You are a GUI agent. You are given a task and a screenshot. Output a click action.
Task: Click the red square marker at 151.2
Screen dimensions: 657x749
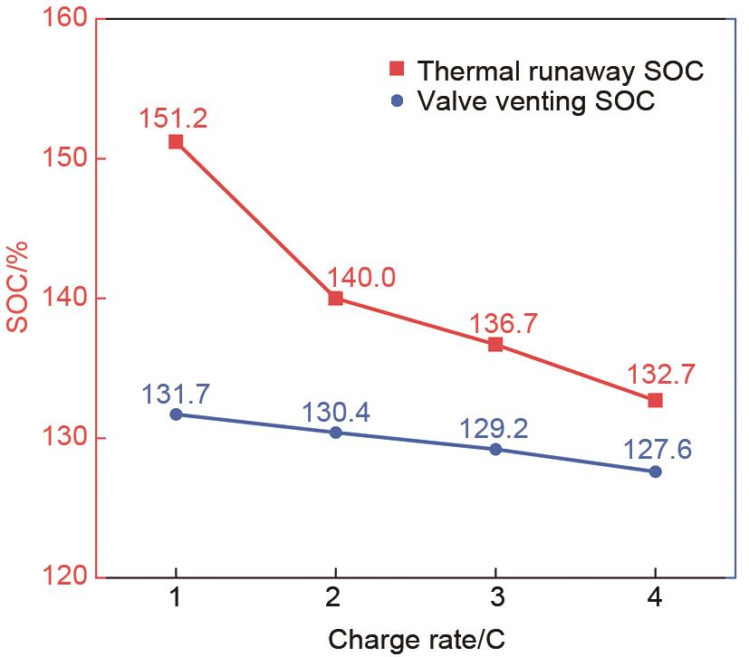(176, 142)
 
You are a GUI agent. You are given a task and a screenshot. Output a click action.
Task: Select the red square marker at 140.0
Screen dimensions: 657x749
(336, 298)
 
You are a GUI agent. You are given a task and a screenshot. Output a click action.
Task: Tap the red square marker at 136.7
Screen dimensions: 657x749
(495, 344)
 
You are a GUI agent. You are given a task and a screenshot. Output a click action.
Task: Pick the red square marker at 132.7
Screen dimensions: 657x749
(655, 400)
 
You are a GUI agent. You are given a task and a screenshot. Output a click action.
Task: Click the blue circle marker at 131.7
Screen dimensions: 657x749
(176, 414)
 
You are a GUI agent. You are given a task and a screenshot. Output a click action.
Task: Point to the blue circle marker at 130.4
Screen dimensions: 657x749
(336, 433)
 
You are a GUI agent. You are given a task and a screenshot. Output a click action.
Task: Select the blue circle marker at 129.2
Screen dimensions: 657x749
(495, 449)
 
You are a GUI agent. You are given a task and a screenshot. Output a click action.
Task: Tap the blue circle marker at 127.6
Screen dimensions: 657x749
(655, 471)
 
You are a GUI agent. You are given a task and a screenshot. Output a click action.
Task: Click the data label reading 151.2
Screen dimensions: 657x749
(174, 118)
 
